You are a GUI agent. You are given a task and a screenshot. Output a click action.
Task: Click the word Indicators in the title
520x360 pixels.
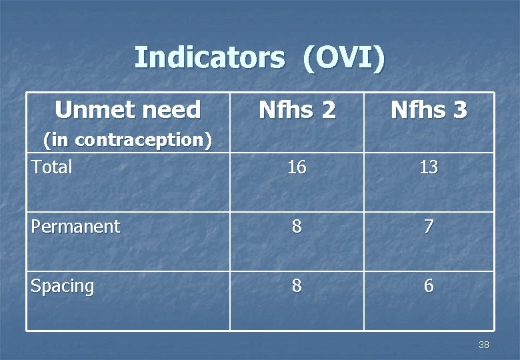(x=209, y=58)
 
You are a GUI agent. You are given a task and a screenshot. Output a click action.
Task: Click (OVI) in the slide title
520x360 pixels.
(x=343, y=58)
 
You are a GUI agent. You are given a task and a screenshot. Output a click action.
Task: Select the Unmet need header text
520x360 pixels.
(x=127, y=109)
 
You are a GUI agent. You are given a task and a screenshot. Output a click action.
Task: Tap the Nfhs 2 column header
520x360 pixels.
(x=297, y=110)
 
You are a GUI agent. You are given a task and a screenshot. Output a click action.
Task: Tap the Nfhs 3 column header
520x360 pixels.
(x=429, y=110)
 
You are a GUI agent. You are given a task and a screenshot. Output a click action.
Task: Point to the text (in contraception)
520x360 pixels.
(x=127, y=140)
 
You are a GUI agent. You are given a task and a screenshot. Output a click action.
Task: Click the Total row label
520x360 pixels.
(x=51, y=167)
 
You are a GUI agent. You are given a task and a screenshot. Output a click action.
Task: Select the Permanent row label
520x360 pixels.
(x=75, y=227)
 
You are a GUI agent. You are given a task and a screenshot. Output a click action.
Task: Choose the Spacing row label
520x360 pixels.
(x=63, y=287)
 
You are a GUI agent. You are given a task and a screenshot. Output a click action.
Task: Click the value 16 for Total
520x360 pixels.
(x=297, y=167)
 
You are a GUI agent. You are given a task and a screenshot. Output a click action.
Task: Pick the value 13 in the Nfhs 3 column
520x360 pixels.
(x=429, y=167)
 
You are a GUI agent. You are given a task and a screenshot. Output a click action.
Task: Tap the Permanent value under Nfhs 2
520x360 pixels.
(x=297, y=227)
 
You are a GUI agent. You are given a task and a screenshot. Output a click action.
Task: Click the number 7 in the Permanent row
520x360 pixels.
(x=429, y=227)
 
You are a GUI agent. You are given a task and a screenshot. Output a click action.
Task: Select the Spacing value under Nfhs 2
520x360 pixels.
(x=297, y=286)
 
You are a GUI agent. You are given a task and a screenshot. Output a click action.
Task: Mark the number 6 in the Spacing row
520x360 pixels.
(x=429, y=286)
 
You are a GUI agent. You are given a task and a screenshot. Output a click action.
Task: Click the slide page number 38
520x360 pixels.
(x=483, y=345)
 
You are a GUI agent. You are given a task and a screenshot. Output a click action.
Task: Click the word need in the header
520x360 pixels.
(x=175, y=109)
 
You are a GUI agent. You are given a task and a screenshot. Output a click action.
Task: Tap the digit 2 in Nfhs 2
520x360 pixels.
(x=327, y=110)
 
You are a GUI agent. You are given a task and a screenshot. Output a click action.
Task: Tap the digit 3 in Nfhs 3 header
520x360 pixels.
(x=459, y=110)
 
